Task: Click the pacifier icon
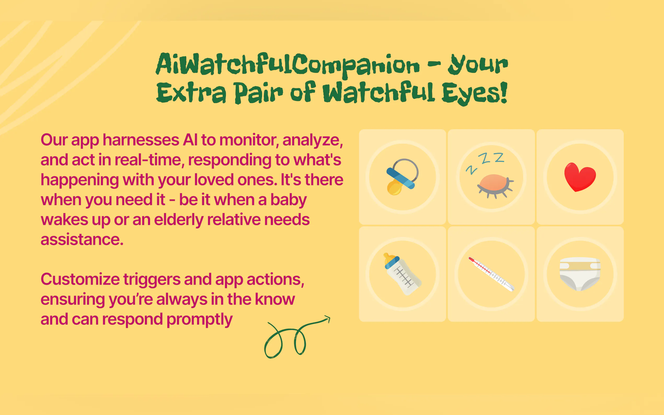[402, 177]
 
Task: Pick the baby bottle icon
[402, 274]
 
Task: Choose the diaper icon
[580, 274]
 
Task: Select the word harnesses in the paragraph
[141, 140]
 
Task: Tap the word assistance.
[82, 240]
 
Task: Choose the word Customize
[80, 279]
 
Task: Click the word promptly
[199, 320]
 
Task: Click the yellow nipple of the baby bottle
[387, 258]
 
